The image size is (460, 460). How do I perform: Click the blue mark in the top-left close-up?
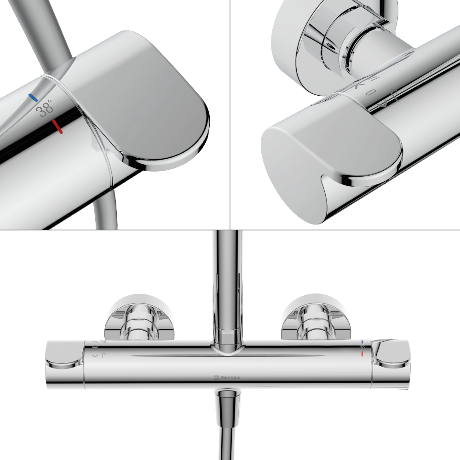[x=32, y=97]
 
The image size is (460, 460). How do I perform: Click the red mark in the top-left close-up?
[x=57, y=126]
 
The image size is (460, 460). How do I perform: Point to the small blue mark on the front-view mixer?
[x=362, y=342]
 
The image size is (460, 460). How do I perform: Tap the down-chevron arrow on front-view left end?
[x=95, y=356]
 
